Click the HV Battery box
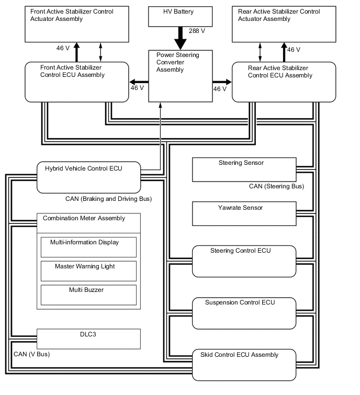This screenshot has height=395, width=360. (x=181, y=16)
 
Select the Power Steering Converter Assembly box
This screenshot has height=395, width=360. (x=181, y=75)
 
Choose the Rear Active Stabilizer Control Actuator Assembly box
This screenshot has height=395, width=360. (x=283, y=24)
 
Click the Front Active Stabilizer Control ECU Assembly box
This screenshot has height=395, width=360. (x=76, y=82)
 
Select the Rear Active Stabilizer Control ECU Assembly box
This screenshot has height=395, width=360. (x=283, y=82)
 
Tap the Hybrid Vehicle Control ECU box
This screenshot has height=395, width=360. (x=88, y=177)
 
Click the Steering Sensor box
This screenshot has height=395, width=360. (x=244, y=169)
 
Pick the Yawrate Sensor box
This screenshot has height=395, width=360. (x=244, y=214)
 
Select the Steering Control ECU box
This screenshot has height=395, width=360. (x=244, y=261)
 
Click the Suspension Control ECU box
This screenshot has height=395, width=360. (x=244, y=312)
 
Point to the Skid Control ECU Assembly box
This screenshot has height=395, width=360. (x=244, y=364)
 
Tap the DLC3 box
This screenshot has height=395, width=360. (x=88, y=338)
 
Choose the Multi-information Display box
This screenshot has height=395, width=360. (x=88, y=246)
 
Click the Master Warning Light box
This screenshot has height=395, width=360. (x=88, y=270)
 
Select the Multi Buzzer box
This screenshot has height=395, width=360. (x=88, y=295)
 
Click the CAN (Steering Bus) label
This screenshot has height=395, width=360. (x=276, y=186)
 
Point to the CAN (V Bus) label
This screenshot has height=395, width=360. (x=31, y=354)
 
